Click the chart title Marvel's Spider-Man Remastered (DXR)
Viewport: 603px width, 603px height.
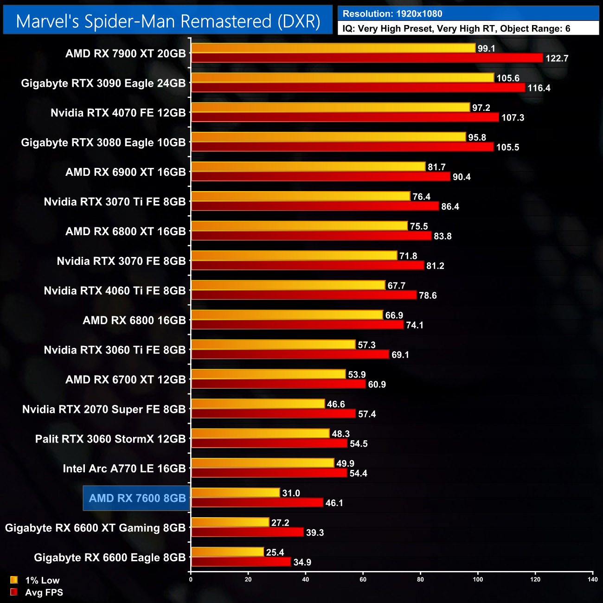tap(168, 21)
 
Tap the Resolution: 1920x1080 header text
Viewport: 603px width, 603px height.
tap(392, 14)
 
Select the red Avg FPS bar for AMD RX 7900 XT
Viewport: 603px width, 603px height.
tap(366, 58)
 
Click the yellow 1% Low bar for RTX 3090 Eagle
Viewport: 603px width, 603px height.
tap(342, 78)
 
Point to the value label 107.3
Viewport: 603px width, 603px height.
tap(513, 118)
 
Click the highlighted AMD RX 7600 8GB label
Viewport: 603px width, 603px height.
tap(137, 498)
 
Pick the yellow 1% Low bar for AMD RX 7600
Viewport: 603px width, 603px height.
tap(236, 493)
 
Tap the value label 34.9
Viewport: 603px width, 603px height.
tap(302, 562)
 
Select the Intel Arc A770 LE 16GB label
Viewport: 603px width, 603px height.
tap(124, 468)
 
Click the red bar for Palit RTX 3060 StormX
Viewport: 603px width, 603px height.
tap(269, 443)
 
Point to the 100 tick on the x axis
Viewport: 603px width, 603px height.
tap(478, 579)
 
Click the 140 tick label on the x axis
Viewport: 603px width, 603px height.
tap(592, 579)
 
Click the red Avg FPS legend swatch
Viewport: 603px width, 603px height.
tap(14, 592)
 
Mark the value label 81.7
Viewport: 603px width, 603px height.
tap(436, 167)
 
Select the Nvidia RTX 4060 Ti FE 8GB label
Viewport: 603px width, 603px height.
tap(115, 291)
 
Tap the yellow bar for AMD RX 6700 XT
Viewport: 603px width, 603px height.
tap(268, 374)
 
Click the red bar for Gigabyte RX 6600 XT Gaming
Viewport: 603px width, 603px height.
tap(247, 532)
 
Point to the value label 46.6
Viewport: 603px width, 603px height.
tap(336, 404)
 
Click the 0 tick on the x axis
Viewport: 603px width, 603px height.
tap(191, 579)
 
